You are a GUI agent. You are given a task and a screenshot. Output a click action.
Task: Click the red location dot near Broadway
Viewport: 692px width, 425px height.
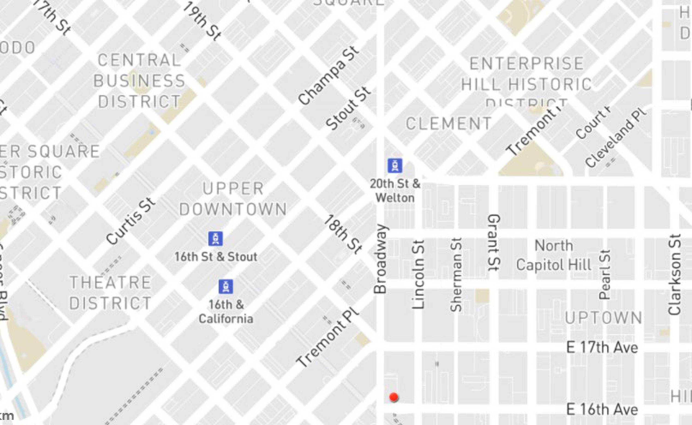(394, 397)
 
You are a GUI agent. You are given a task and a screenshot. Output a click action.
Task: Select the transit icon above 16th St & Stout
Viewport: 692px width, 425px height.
(215, 239)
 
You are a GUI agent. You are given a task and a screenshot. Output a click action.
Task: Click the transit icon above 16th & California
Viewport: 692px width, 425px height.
(226, 286)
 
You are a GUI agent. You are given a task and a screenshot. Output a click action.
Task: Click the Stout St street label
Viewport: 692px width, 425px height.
(348, 108)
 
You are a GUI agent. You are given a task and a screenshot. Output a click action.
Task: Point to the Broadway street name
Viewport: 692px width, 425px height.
(381, 259)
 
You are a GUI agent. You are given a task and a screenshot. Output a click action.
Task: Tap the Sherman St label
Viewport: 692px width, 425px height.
(456, 275)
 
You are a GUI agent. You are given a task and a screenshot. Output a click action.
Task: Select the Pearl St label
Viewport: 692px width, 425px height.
(605, 274)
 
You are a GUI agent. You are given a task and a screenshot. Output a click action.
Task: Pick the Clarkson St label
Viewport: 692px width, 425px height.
(674, 274)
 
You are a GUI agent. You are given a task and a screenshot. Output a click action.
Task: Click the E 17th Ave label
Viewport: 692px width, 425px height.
(602, 348)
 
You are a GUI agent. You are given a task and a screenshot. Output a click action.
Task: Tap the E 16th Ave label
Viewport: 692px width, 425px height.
(602, 409)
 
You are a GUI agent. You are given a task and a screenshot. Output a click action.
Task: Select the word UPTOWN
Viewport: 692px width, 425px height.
(603, 318)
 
